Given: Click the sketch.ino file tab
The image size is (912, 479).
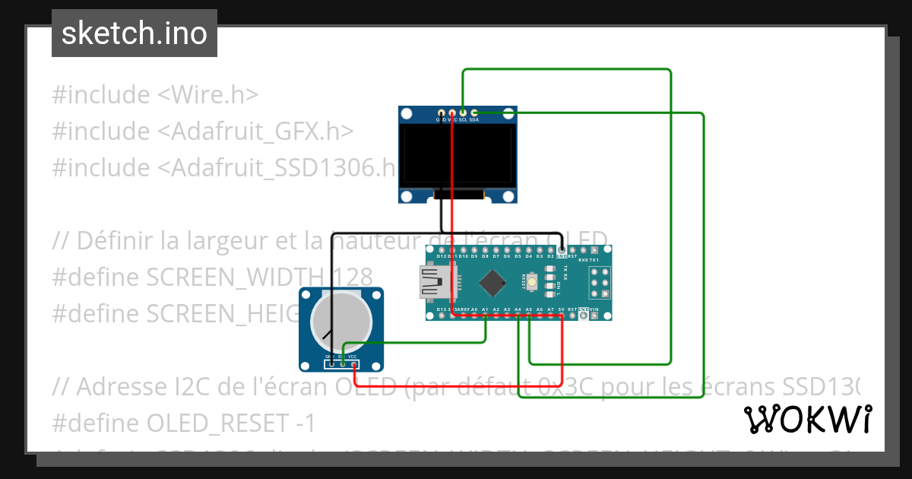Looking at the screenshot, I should click(135, 33).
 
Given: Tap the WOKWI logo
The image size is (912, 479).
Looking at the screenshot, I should click(807, 419).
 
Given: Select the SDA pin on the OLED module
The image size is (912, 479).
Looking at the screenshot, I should click(474, 113).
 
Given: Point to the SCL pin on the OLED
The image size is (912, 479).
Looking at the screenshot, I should click(463, 113).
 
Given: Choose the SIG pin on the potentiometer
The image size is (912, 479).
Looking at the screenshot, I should click(343, 364).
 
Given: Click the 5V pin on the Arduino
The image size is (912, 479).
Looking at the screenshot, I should click(562, 316).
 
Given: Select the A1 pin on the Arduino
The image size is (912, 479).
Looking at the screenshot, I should click(485, 316).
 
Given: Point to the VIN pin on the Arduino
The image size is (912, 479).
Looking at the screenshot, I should click(595, 316).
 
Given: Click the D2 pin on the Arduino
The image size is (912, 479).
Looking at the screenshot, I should click(551, 249).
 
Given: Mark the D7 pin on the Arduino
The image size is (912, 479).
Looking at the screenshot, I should click(496, 249).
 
